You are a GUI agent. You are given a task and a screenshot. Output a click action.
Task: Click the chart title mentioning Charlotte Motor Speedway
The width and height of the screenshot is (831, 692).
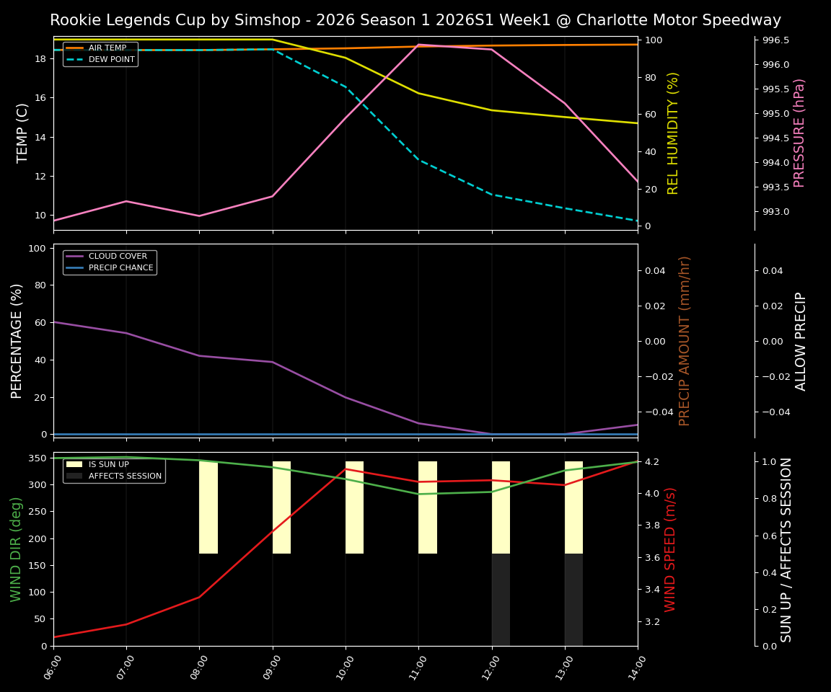coord(415,20)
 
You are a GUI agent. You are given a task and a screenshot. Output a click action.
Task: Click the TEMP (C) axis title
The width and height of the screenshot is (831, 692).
coord(23,133)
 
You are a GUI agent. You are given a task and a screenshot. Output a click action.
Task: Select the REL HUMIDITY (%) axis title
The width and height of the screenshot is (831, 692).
coord(673,133)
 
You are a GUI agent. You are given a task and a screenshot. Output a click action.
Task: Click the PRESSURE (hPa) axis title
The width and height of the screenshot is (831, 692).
coord(799,133)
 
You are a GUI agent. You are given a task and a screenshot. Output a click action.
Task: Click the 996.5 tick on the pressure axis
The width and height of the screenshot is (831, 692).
coord(775,40)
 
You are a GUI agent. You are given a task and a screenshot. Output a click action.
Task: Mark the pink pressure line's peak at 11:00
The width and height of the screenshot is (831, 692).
coord(418,45)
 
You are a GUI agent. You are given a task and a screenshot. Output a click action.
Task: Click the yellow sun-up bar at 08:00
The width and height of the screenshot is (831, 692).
coord(208,507)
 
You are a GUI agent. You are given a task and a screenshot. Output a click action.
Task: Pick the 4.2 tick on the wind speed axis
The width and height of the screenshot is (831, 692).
coord(653,461)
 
